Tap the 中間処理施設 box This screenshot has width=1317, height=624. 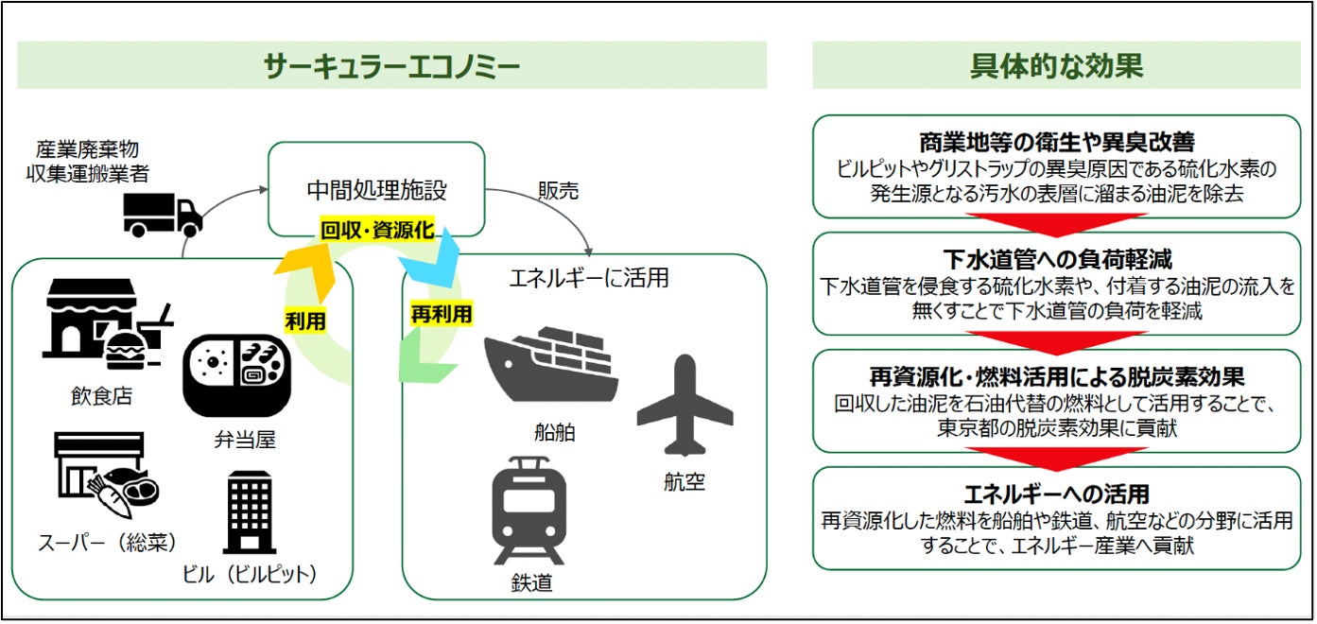(x=376, y=189)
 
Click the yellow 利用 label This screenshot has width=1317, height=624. (x=305, y=321)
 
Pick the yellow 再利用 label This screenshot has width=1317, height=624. (x=441, y=313)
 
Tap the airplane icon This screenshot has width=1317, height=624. (x=684, y=406)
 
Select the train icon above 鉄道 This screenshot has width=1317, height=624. (x=529, y=510)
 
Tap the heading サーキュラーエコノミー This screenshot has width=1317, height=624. (x=391, y=65)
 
